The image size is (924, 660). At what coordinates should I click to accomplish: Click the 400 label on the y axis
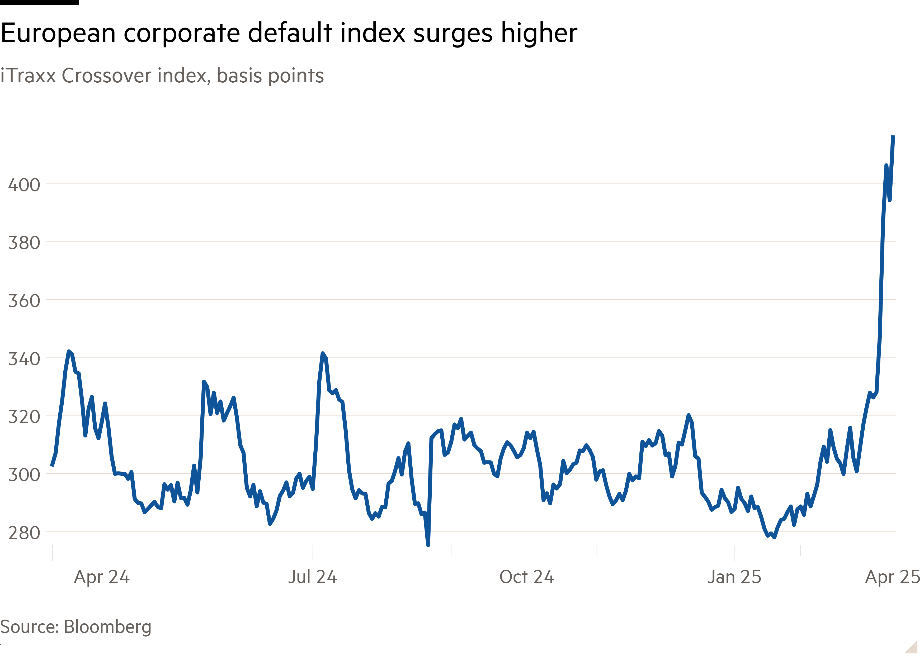[x=24, y=185]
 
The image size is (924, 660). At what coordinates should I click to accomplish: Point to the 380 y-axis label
[x=24, y=243]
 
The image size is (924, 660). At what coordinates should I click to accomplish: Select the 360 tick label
[x=24, y=301]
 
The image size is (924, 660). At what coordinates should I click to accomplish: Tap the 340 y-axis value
[x=24, y=359]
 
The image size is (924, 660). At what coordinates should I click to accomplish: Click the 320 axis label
[x=24, y=417]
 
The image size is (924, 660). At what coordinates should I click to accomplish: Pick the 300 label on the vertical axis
[x=24, y=475]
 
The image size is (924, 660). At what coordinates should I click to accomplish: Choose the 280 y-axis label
[x=24, y=533]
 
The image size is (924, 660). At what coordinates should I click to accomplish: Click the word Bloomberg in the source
[x=108, y=627]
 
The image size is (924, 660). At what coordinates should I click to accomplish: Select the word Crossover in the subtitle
[x=106, y=76]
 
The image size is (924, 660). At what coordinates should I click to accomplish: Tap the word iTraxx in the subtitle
[x=28, y=76]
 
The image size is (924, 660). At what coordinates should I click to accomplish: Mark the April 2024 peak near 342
[x=69, y=351]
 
